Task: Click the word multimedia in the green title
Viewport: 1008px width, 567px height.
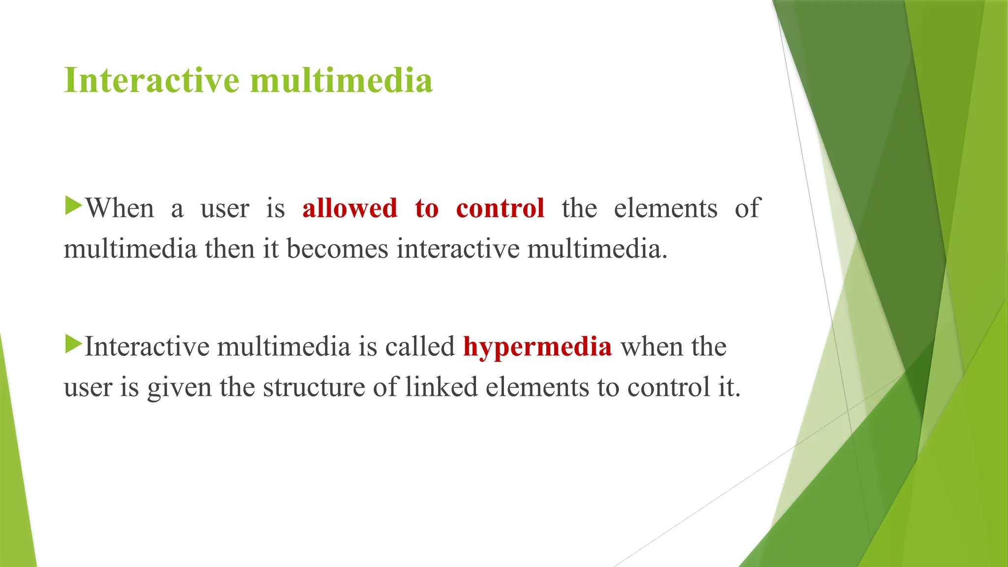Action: click(341, 80)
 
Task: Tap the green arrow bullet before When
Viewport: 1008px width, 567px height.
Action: click(73, 205)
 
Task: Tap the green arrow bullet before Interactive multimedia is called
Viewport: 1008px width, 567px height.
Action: click(73, 344)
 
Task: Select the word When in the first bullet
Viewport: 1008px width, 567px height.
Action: click(120, 208)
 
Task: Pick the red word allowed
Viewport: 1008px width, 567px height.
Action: click(349, 208)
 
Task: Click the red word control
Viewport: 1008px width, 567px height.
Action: click(500, 208)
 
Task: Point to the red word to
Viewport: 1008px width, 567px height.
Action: click(426, 208)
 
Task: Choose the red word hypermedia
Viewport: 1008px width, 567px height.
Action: click(537, 347)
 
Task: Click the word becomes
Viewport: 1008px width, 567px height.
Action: click(337, 249)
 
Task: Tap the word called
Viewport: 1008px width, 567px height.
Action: click(419, 347)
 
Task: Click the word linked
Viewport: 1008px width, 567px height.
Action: click(441, 387)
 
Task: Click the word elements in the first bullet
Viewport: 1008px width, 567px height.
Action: click(665, 208)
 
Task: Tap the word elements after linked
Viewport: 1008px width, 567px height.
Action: click(537, 387)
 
